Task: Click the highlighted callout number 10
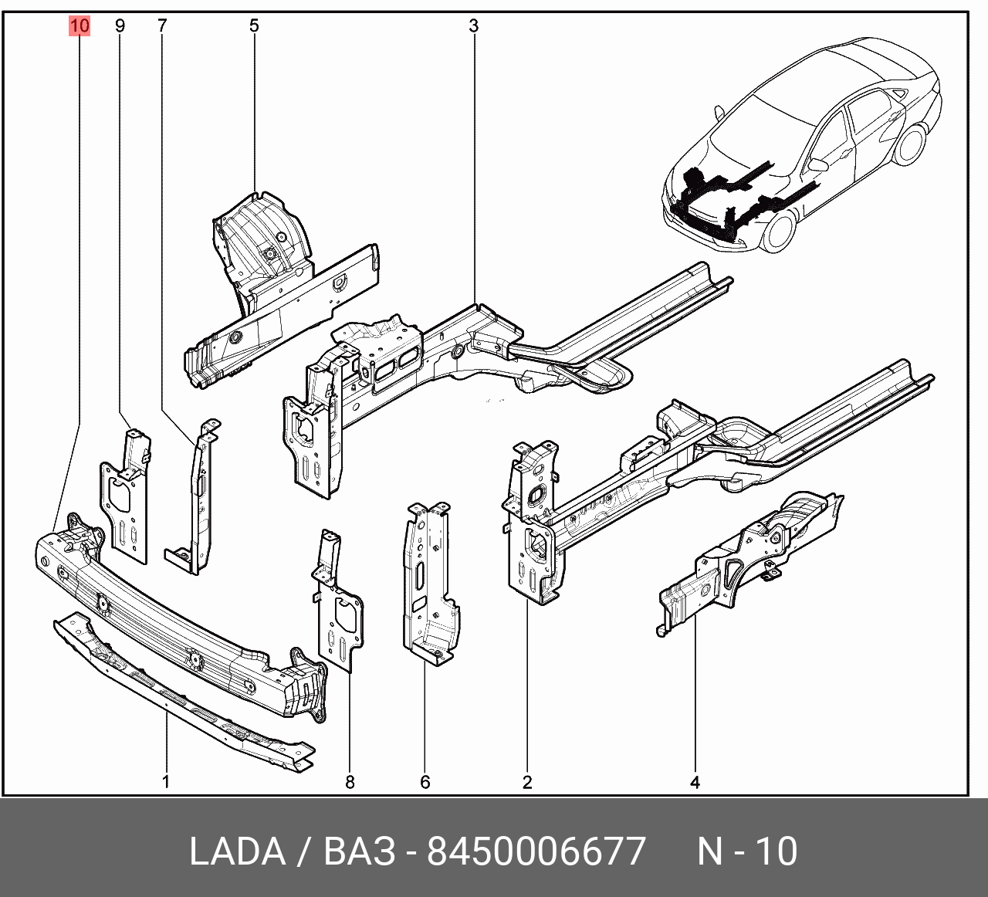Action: click(x=80, y=25)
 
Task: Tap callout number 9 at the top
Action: click(x=120, y=25)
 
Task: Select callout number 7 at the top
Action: click(x=163, y=25)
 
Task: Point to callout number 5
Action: click(x=254, y=25)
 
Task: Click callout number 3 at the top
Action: click(x=473, y=25)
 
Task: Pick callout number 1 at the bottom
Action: click(x=166, y=782)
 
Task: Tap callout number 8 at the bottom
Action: click(x=350, y=782)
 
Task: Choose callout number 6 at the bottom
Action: click(x=425, y=782)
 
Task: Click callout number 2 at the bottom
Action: click(x=527, y=782)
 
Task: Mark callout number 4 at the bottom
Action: click(x=695, y=782)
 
